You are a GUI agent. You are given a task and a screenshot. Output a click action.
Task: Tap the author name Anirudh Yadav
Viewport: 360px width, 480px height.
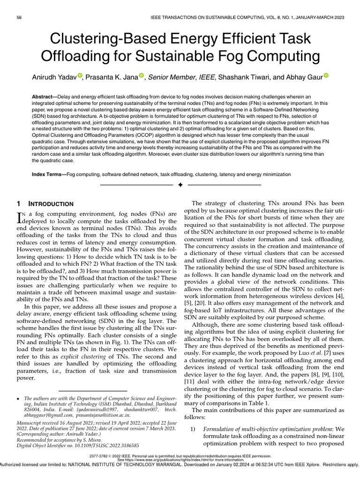(53, 76)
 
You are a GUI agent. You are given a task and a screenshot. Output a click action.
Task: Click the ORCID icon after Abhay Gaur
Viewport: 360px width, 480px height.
(326, 75)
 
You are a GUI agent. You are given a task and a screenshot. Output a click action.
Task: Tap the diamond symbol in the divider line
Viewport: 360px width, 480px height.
(180, 185)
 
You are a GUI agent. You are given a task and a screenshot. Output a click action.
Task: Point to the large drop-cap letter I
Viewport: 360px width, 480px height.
(19, 217)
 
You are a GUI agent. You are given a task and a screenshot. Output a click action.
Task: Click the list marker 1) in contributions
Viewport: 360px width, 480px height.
(192, 429)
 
